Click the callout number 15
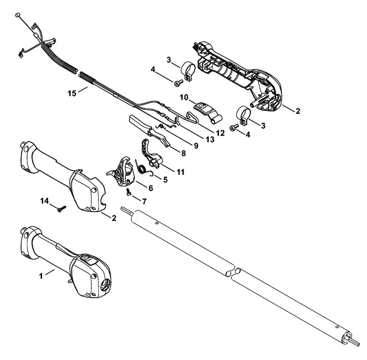pyautogui.click(x=72, y=93)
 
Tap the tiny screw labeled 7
pyautogui.click(x=129, y=192)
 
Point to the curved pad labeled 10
pyautogui.click(x=204, y=108)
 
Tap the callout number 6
pyautogui.click(x=150, y=187)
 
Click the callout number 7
pyautogui.click(x=144, y=202)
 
